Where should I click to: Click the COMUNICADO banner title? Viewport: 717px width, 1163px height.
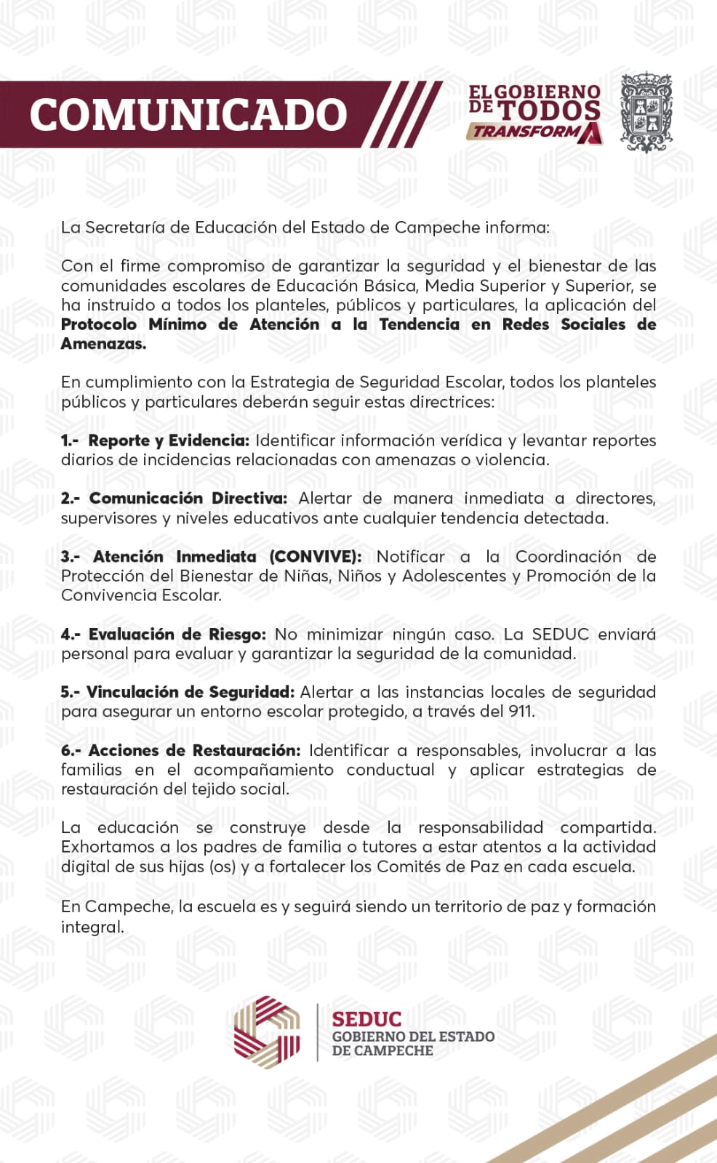coord(188,115)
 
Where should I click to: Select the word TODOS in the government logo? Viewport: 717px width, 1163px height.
coord(550,110)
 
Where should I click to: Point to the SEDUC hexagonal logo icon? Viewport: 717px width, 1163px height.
coord(266,1031)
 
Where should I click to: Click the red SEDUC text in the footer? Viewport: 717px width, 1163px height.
coord(366,1019)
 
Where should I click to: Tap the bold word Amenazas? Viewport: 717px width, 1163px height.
coord(103,344)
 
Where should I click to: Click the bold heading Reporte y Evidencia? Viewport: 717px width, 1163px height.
coord(169,440)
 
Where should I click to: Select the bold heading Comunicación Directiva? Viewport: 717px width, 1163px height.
coord(188,499)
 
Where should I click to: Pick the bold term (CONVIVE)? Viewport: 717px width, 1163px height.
coord(315,557)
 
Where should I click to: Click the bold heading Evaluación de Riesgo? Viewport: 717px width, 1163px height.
coord(177,635)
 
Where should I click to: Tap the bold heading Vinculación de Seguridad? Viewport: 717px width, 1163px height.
coord(190,692)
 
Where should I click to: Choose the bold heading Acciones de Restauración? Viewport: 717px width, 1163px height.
coord(194,750)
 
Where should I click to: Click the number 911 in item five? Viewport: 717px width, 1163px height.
coord(521,712)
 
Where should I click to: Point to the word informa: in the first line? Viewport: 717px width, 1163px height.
coord(517,228)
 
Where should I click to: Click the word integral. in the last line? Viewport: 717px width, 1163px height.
coord(92,927)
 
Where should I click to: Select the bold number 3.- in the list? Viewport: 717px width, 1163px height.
coord(71,557)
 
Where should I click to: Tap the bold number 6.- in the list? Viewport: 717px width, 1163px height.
coord(71,750)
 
